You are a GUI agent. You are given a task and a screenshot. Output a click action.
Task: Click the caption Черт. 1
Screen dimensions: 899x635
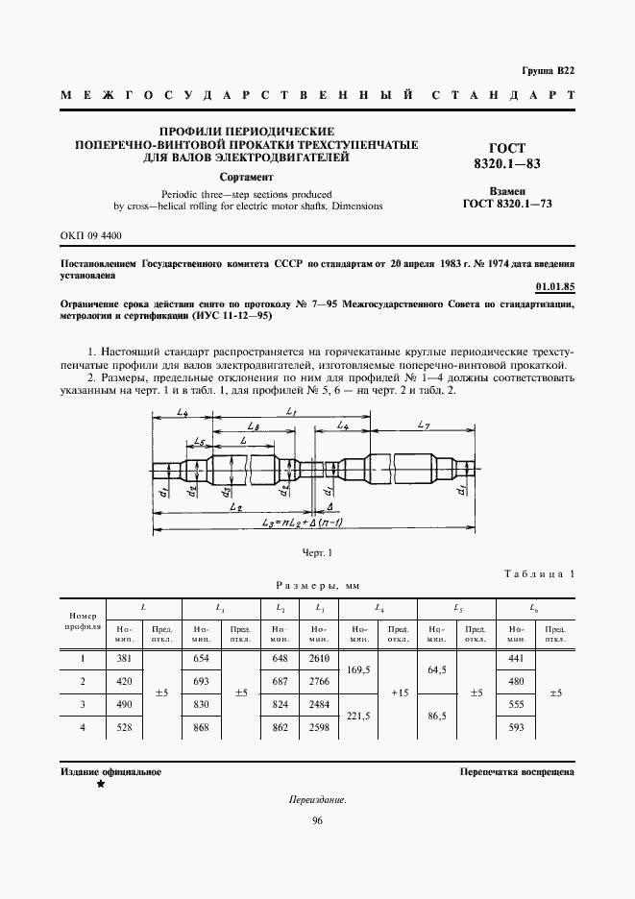[316, 552]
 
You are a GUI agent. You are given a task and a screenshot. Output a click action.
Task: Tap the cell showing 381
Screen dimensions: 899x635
[123, 658]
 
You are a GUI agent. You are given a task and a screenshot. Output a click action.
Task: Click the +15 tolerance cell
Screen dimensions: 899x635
[398, 692]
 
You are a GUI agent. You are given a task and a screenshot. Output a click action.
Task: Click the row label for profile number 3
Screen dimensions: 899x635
[83, 704]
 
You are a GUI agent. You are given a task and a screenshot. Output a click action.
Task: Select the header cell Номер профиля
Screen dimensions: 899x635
[83, 620]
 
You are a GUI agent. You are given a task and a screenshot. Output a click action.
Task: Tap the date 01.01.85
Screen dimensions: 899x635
[555, 286]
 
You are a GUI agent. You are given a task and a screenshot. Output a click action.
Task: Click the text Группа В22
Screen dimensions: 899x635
[548, 72]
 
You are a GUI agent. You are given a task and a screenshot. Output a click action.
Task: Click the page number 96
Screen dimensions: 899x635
[317, 820]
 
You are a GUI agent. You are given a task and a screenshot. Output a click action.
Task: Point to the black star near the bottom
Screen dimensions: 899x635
[100, 785]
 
